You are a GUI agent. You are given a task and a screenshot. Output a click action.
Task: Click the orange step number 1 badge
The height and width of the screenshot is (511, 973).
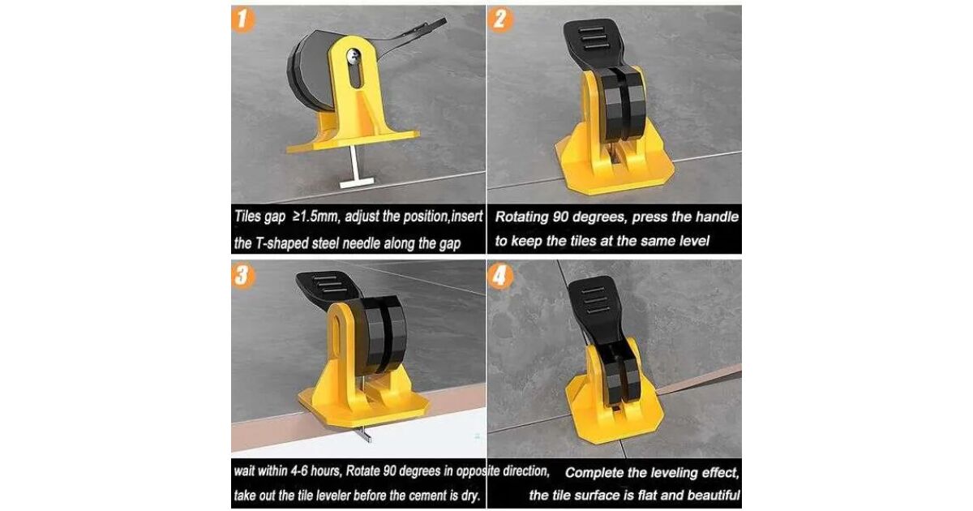(x=242, y=20)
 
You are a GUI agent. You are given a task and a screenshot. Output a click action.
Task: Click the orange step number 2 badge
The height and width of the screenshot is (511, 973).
(x=499, y=20)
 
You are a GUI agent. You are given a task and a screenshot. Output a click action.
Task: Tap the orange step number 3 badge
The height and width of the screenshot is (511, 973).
(x=243, y=277)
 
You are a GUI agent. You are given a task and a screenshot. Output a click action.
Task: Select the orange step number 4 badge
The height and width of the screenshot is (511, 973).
(x=500, y=277)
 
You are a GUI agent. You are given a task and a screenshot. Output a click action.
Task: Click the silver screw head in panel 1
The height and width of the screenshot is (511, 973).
(x=354, y=55)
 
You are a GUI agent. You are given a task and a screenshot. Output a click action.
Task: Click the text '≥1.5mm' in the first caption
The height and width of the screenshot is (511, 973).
(x=315, y=217)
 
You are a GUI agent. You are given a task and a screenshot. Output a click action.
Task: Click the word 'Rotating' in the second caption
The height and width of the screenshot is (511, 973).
(x=521, y=217)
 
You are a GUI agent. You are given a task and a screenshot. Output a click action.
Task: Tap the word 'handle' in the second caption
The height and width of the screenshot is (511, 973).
(x=717, y=217)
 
